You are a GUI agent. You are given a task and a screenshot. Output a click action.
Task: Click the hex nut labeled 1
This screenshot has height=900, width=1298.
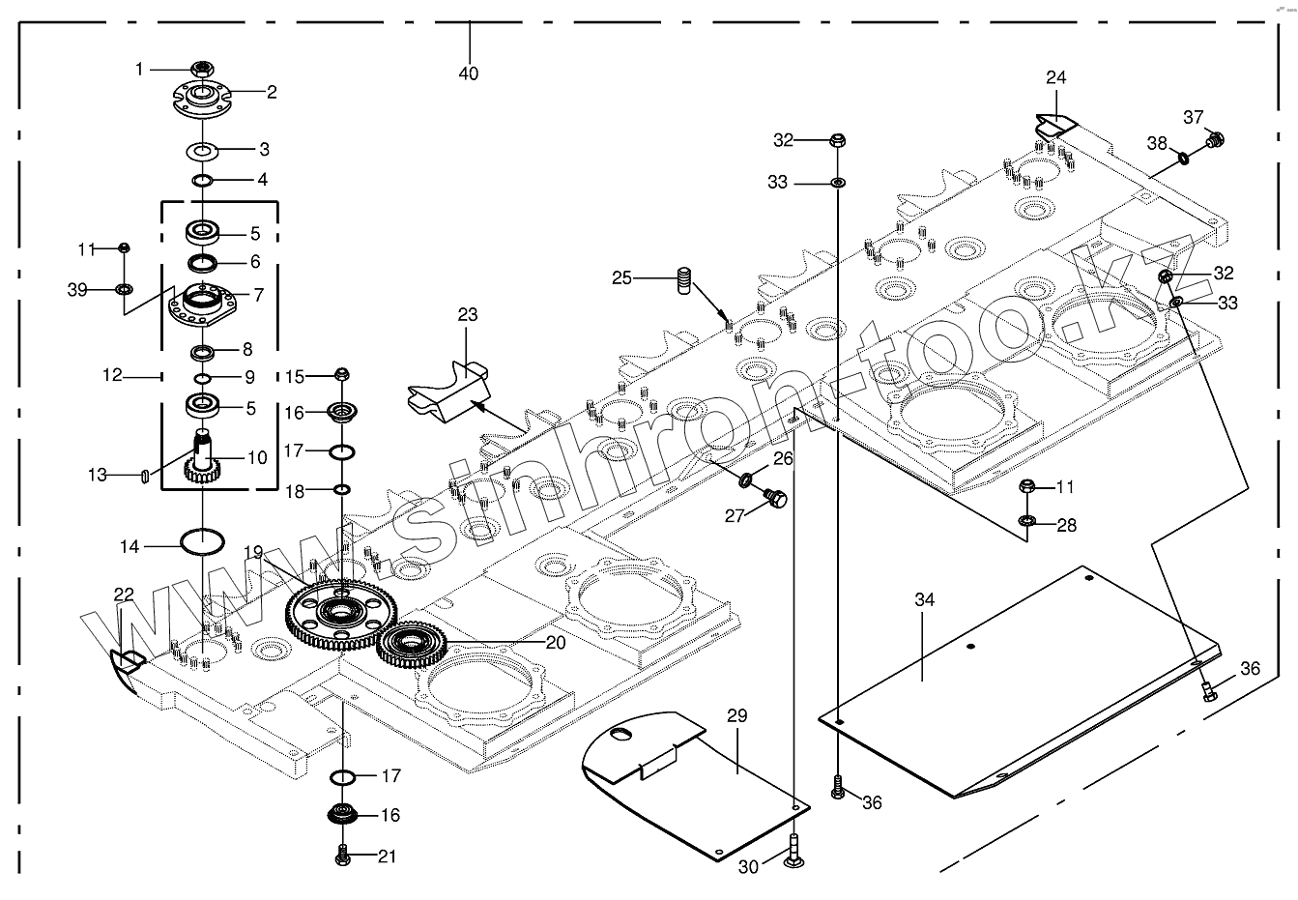[x=202, y=69]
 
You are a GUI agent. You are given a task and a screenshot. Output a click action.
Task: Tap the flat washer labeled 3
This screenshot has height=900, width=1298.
[x=202, y=151]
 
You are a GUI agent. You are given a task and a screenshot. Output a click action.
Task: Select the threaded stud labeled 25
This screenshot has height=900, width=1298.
[x=684, y=280]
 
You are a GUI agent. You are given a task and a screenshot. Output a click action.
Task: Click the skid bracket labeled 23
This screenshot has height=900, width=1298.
[x=450, y=392]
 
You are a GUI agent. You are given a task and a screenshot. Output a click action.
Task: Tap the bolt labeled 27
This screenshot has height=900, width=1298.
[x=775, y=497]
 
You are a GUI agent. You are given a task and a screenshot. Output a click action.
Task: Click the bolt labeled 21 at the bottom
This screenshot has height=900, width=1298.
[x=343, y=855]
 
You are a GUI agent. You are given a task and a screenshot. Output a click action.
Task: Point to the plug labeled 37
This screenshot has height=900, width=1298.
[x=1215, y=139]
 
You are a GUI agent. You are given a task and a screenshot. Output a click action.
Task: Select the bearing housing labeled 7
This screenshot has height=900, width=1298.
[x=202, y=305]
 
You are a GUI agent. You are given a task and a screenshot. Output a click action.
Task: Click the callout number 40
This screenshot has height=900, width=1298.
[x=469, y=73]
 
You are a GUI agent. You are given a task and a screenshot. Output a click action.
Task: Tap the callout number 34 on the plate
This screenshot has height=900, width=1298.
[x=924, y=599]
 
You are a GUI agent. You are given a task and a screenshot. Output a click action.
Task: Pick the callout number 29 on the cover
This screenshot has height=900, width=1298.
[x=737, y=715]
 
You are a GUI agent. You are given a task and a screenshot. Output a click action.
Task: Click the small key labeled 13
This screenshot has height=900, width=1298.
[x=145, y=477]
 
